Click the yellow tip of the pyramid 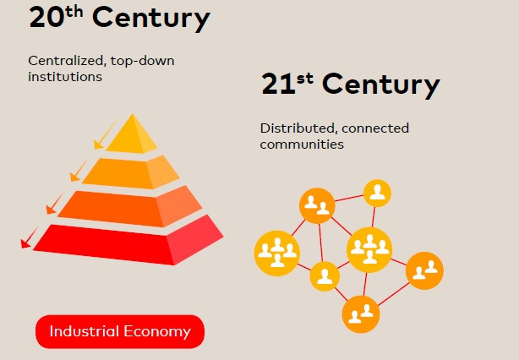(x=132, y=137)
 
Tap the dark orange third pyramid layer (x=130, y=207)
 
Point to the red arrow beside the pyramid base (x=29, y=238)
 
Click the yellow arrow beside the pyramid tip (x=104, y=136)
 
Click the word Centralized (x=66, y=61)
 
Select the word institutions (x=65, y=77)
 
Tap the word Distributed (x=298, y=128)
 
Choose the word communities (x=302, y=145)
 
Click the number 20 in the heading (x=46, y=18)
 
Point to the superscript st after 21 (x=305, y=79)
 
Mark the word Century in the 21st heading (x=381, y=85)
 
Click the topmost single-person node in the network (x=377, y=194)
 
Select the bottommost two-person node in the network (x=361, y=314)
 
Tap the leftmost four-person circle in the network (x=277, y=254)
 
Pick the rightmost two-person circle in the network (x=424, y=270)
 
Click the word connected (x=375, y=128)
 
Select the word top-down (x=142, y=61)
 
